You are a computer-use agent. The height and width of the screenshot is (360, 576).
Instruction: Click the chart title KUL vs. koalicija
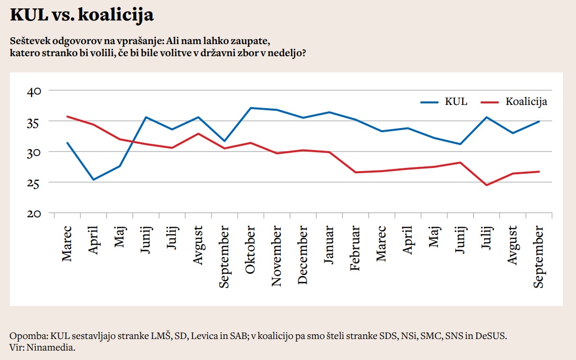coord(82,15)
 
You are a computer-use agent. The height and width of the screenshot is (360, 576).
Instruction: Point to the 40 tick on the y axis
coord(34,91)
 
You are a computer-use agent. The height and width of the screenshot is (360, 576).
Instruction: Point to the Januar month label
coord(329,248)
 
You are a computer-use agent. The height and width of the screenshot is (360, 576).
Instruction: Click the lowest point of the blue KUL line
coord(93,179)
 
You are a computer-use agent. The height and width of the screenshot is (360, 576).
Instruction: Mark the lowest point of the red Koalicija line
coord(486,185)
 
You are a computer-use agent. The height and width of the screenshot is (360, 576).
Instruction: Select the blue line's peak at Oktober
coord(251,108)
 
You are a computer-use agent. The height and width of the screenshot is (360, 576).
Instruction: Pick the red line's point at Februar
coord(355,172)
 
